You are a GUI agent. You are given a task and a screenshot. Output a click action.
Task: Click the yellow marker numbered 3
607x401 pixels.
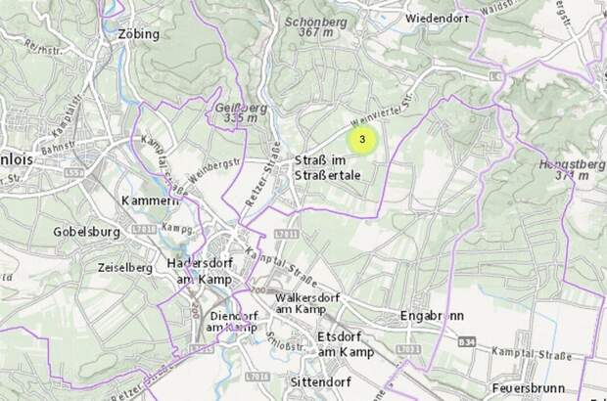click(362, 140)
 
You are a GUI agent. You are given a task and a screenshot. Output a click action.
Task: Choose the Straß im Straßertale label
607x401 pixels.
click(328, 167)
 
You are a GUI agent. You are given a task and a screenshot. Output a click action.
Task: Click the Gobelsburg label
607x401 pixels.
click(87, 233)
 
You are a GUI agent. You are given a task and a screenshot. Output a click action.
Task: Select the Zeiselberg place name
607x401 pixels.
click(125, 266)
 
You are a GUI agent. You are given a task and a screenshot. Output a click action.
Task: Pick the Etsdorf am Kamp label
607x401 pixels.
click(346, 343)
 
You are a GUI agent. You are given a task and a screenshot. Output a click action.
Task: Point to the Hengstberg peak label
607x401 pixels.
click(570, 170)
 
